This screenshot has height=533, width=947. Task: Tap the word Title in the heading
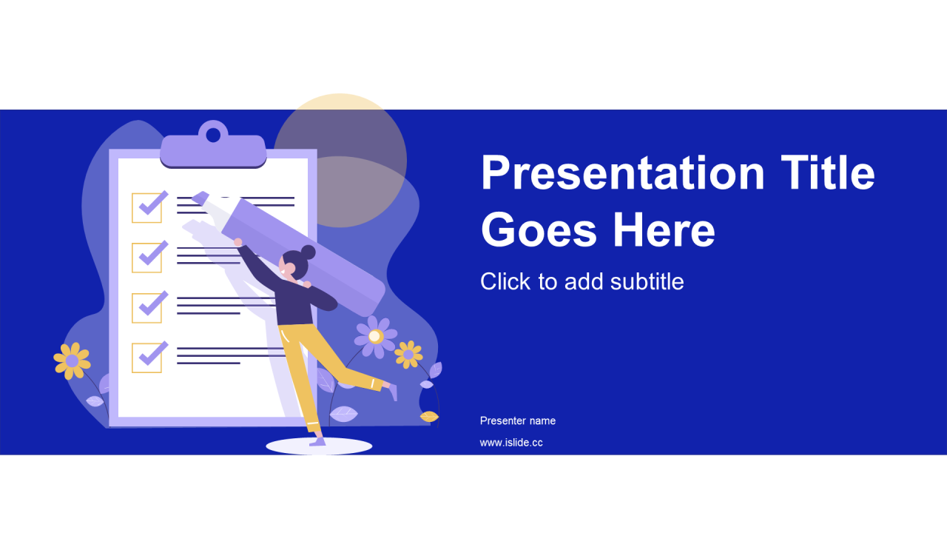click(828, 172)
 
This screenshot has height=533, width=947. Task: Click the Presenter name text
click(517, 420)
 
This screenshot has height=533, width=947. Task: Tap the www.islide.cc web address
click(511, 443)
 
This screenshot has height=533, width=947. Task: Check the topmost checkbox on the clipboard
click(146, 208)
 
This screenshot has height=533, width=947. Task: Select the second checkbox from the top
click(146, 258)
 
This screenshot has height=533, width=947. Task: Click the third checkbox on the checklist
click(146, 308)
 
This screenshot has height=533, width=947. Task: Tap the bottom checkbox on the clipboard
click(146, 358)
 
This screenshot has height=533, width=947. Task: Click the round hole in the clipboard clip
click(213, 135)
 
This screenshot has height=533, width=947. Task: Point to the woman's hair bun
click(308, 252)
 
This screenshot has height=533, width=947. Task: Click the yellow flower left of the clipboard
click(72, 361)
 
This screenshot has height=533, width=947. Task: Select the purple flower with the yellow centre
click(375, 337)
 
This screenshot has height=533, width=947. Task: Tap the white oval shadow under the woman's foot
click(319, 446)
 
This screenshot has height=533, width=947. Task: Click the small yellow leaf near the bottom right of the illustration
click(430, 417)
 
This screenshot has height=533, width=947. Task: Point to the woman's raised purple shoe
click(393, 392)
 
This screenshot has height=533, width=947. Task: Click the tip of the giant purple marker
click(199, 197)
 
